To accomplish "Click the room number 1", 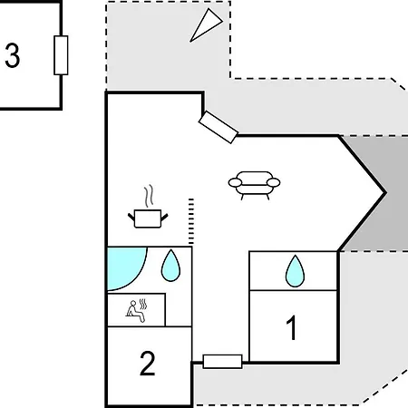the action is [x=292, y=327].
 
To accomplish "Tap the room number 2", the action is [x=148, y=364].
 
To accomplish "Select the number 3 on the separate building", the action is [x=13, y=55].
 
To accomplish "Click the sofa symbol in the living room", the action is [x=254, y=185].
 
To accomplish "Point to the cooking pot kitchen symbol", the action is [x=148, y=219].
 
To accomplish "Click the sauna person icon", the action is [x=135, y=311].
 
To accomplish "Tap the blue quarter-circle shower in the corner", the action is [x=125, y=267].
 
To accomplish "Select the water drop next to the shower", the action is [x=170, y=266].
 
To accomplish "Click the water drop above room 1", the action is [x=295, y=271].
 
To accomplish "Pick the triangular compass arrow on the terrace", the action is [x=206, y=25].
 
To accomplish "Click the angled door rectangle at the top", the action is [x=219, y=127].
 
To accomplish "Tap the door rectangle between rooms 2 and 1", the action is [x=222, y=362].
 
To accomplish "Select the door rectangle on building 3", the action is [x=61, y=55].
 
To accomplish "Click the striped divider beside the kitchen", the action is [x=191, y=221].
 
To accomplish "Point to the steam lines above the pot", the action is [x=148, y=196].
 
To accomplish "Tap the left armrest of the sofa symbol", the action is [x=235, y=182].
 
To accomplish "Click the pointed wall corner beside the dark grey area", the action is [x=385, y=192].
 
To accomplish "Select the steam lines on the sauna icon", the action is [x=143, y=305].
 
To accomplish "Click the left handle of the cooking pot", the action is [x=131, y=217].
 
